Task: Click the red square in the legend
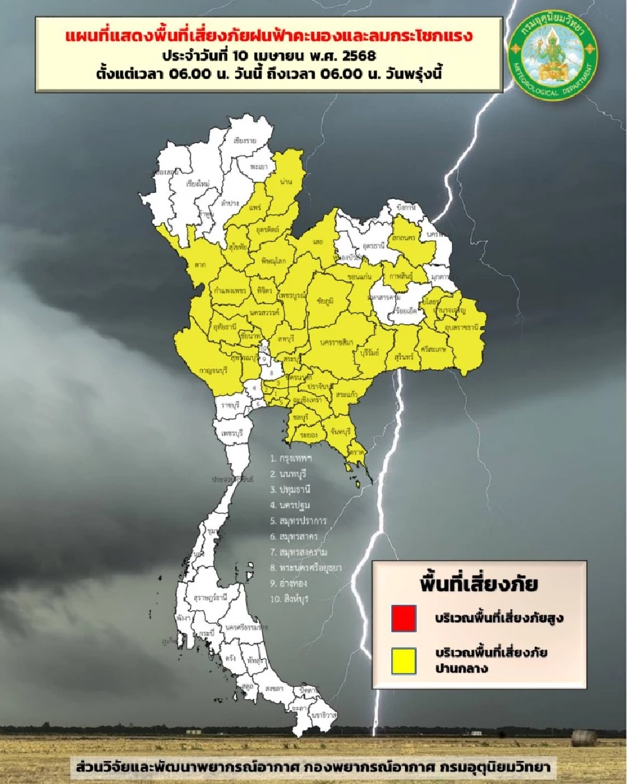tap(404, 619)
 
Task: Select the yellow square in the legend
tap(404, 660)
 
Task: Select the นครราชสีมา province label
tap(336, 342)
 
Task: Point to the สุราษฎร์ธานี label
tap(210, 597)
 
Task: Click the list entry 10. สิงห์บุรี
tap(291, 598)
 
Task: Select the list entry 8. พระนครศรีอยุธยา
tap(309, 568)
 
